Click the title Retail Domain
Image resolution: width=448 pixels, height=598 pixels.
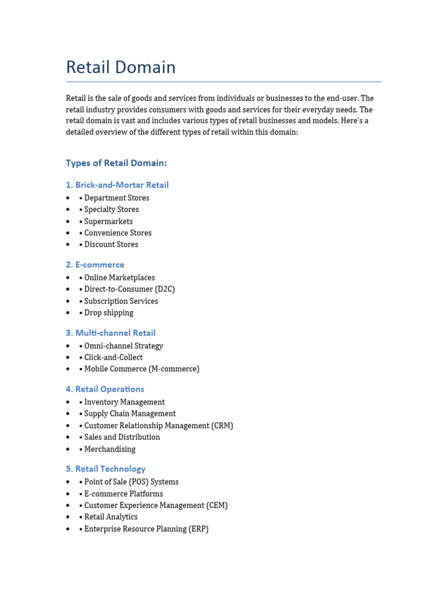[x=121, y=67]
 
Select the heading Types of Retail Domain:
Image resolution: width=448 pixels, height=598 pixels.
[x=116, y=163]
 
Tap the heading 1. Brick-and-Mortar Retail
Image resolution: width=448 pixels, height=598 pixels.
[x=117, y=185]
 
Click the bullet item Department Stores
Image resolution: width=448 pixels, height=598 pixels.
[x=116, y=198]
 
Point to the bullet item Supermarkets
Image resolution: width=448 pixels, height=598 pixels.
[x=108, y=221]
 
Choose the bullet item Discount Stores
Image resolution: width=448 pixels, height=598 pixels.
[x=111, y=245]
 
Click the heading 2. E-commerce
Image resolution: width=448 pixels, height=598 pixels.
[x=95, y=265]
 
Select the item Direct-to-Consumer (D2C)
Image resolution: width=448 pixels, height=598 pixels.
[x=129, y=289]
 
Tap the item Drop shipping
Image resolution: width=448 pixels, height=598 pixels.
[x=108, y=312]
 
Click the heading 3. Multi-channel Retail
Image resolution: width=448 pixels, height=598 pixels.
[x=111, y=333]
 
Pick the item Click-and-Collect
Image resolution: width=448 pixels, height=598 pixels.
[x=113, y=357]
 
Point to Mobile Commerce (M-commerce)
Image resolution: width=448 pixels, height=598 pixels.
[x=141, y=369]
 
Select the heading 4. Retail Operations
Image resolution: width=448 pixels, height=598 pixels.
[x=105, y=389]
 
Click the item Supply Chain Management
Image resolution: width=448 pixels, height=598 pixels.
[x=129, y=413]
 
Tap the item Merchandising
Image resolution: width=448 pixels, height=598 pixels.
[x=110, y=449]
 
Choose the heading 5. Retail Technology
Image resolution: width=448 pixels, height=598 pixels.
[x=106, y=469]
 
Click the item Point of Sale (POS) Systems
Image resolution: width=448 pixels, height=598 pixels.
[x=131, y=482]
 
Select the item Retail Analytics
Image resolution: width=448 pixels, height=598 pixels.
[x=111, y=517]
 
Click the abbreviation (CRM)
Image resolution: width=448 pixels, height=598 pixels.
[x=223, y=426]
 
